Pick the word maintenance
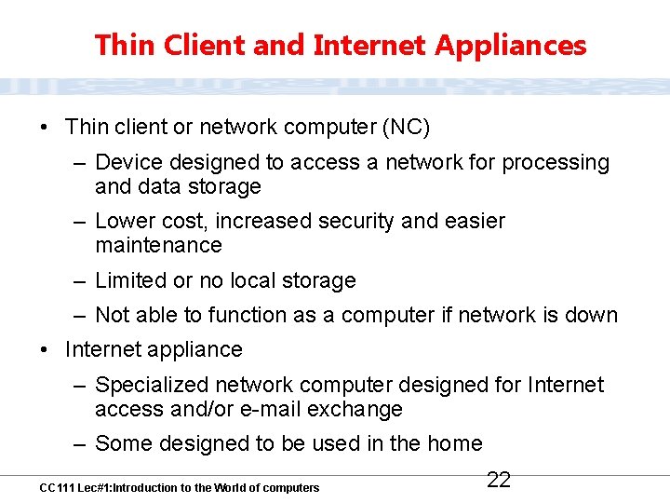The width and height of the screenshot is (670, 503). coord(158,245)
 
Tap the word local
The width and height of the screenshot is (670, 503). coord(242,280)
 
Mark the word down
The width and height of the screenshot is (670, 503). coord(591,315)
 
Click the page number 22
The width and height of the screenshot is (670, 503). coord(499,480)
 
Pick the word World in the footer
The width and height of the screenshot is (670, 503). coord(230,487)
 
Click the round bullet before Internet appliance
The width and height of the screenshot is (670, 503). coord(45,350)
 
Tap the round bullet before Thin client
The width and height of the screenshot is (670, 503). coord(45,126)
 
